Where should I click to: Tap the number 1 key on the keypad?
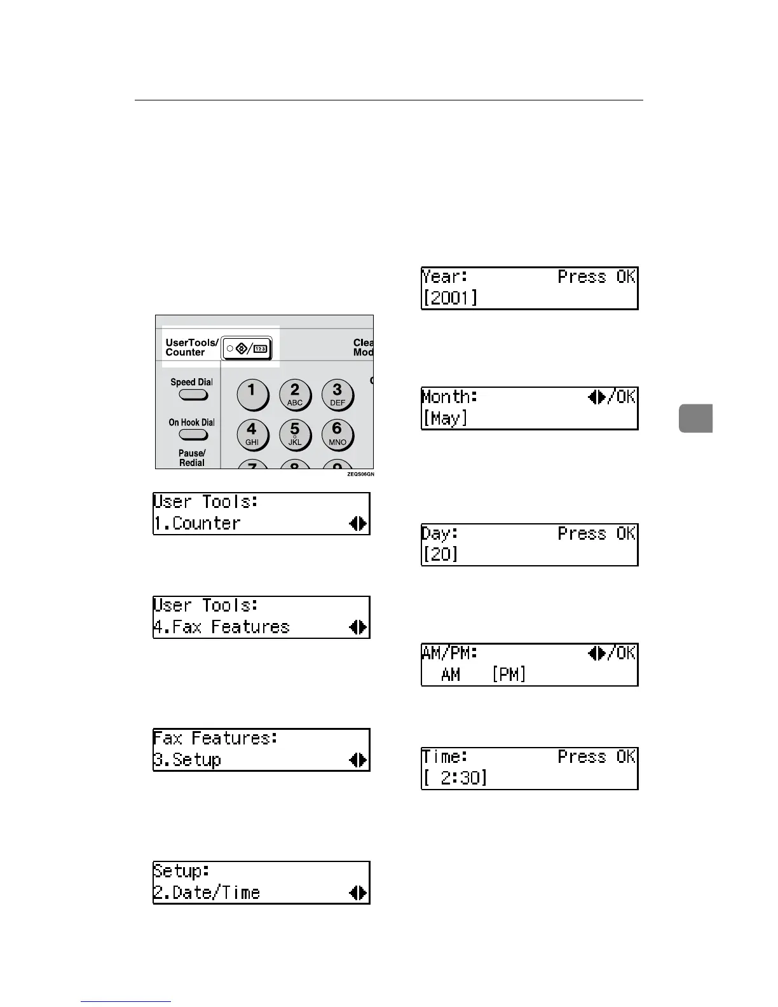252,394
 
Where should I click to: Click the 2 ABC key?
294,394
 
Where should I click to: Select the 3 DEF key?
337,394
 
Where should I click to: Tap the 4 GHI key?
252,434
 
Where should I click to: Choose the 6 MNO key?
337,434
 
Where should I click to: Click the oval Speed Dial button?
193,395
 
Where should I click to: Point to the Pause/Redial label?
192,458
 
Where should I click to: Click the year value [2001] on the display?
450,298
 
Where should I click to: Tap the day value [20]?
440,554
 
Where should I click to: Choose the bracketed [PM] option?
509,674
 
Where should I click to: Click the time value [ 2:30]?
455,778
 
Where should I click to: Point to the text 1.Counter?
197,523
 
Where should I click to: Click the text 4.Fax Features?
221,627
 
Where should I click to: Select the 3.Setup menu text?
187,760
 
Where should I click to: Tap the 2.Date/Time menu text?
207,893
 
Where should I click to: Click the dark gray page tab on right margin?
695,418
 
